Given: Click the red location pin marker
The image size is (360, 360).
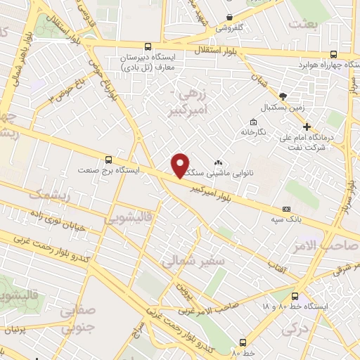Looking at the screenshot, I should pos(181,165).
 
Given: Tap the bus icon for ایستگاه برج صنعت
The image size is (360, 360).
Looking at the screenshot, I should pos(108,159).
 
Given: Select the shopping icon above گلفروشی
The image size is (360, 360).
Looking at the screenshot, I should pos(229,18).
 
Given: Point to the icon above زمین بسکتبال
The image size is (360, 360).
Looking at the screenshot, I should pos(283,96).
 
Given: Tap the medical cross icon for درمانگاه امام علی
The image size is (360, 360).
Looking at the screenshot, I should pos(307,127).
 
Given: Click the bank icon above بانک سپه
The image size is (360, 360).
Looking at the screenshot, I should pos(285,209).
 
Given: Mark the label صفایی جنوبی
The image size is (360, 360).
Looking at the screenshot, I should pos(77,318).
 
